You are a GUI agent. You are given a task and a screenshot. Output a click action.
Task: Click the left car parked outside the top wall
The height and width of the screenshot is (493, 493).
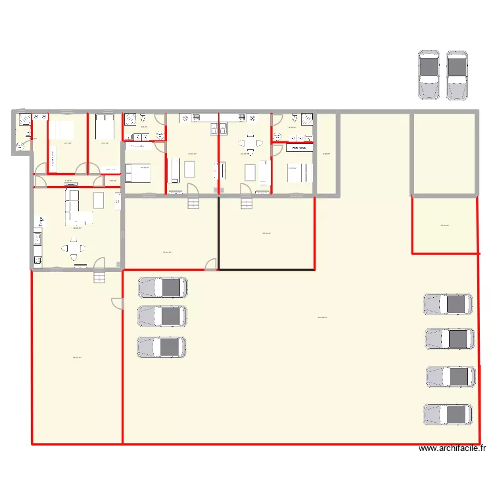coord(429,75)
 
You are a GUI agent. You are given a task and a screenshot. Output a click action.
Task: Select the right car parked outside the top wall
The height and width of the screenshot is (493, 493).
coord(458,75)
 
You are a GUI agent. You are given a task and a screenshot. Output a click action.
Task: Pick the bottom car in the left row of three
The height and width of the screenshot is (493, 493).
coord(161,346)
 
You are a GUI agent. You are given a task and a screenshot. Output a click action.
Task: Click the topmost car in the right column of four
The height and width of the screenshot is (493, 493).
coord(448,304)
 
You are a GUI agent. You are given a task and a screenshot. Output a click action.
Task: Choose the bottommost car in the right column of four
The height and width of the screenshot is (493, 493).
coord(448,414)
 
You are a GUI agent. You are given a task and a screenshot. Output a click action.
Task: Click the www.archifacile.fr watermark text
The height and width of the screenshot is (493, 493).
coord(452,449)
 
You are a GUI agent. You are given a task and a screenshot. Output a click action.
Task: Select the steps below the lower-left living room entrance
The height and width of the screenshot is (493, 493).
coord(99,277)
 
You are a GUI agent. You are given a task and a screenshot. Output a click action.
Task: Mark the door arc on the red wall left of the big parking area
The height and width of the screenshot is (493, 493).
coord(117,304)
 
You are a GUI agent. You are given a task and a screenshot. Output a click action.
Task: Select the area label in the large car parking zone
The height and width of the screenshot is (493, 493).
coord(322,317)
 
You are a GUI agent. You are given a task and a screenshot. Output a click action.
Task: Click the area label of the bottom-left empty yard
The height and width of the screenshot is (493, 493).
coord(77,358)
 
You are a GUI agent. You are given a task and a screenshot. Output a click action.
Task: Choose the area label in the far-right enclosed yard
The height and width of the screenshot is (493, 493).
coord(444,226)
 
